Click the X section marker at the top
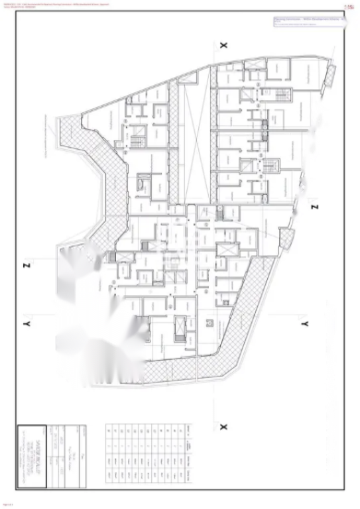tap(223, 44)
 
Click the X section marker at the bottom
tap(223, 425)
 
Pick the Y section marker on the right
tap(304, 323)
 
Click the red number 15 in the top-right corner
tap(349, 7)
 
